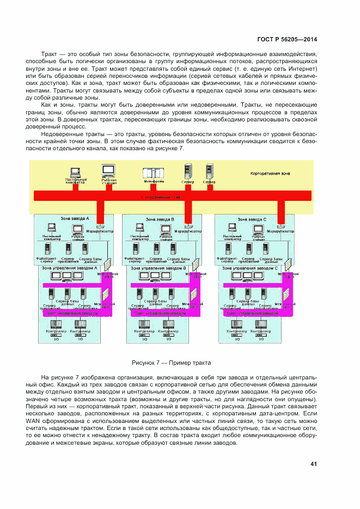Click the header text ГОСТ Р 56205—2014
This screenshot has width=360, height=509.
point(286,39)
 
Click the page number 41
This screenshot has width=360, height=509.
point(313,464)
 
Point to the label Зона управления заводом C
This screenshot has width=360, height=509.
point(251,268)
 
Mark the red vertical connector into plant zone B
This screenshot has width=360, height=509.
point(188,209)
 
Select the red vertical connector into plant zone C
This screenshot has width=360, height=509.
point(281,209)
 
